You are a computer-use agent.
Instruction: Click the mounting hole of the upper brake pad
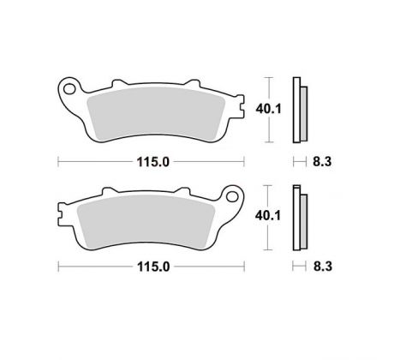(69, 89)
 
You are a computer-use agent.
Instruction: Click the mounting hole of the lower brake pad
(232, 196)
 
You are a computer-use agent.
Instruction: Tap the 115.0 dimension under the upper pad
(153, 162)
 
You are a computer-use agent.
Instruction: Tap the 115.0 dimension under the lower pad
(153, 267)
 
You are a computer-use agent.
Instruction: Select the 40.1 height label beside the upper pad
(268, 109)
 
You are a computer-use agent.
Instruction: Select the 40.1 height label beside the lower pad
(268, 215)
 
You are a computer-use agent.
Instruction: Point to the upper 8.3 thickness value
(322, 162)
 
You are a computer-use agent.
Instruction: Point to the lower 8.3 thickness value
(323, 267)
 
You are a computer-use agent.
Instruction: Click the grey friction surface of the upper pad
(156, 114)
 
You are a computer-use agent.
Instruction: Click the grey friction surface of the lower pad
(146, 221)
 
